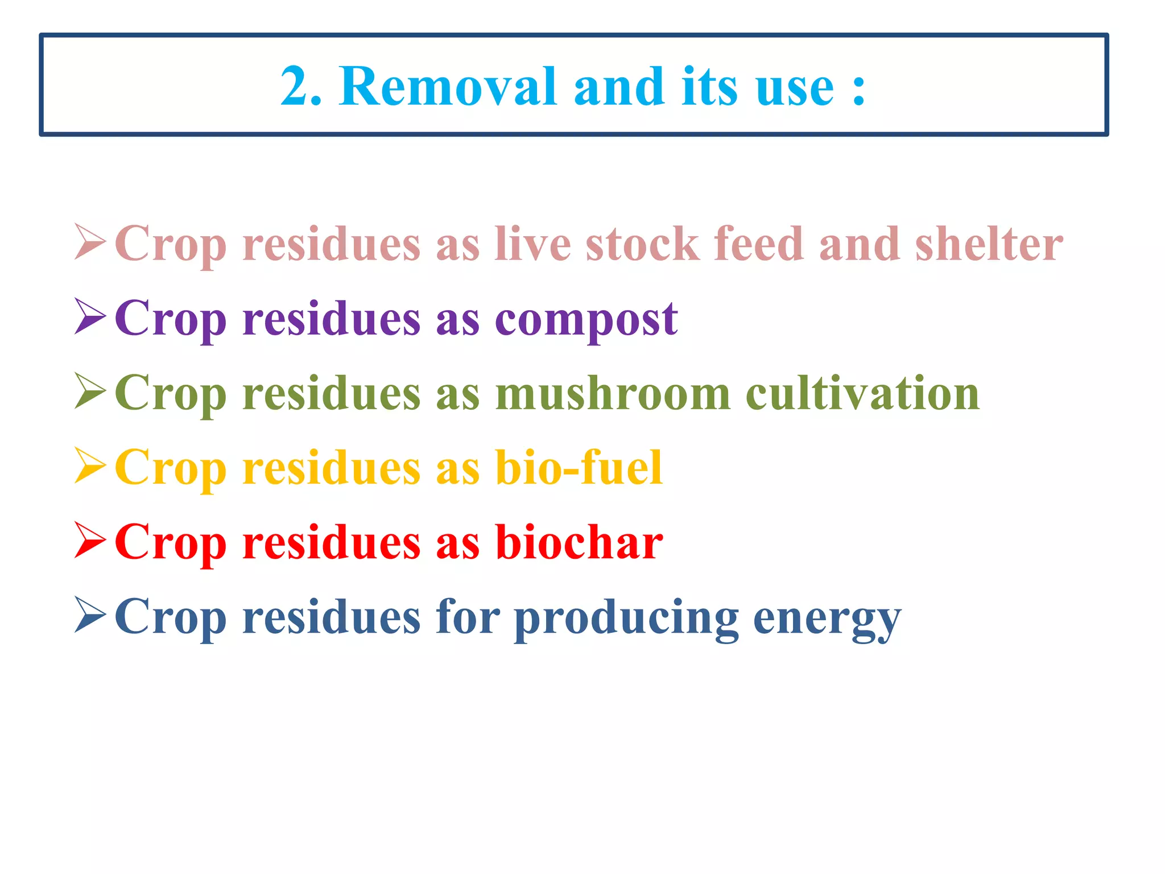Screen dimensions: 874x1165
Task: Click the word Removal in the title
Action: (448, 86)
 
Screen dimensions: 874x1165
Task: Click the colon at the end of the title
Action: (859, 91)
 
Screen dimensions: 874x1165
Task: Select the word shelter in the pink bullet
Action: (989, 244)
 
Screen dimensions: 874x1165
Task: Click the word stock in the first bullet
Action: (642, 244)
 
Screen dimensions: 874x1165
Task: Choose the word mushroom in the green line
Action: (613, 393)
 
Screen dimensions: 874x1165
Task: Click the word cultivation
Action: (862, 393)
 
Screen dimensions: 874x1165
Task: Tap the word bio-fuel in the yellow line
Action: (579, 468)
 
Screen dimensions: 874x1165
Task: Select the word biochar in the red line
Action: (579, 542)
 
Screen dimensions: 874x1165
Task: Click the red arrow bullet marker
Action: (90, 541)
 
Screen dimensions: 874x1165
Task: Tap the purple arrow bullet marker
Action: (90, 316)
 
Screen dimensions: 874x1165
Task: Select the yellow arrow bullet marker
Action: (90, 466)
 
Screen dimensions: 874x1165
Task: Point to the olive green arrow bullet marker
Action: (90, 391)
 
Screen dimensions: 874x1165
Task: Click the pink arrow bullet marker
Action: (90, 242)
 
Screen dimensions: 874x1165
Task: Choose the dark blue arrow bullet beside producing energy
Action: (90, 615)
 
